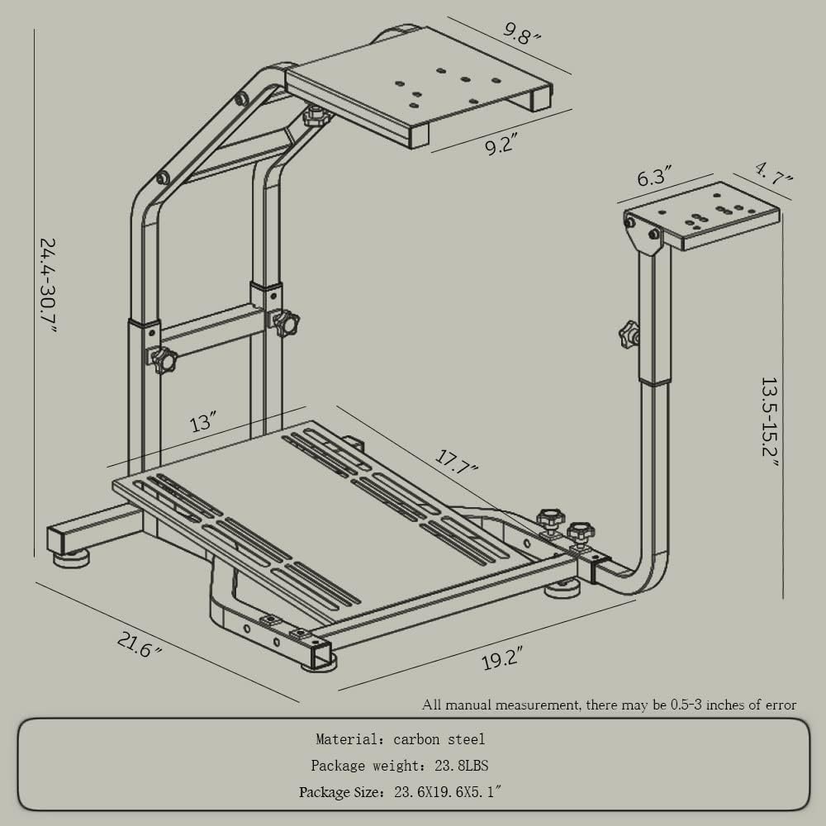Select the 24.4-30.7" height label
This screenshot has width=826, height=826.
pos(50,285)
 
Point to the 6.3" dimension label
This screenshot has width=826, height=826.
pos(654,176)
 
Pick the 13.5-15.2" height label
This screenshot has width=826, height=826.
pos(770,421)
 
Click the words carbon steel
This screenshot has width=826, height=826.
pos(439,739)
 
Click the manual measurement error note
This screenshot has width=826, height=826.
pos(609,705)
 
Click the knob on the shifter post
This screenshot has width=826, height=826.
pos(629,335)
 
